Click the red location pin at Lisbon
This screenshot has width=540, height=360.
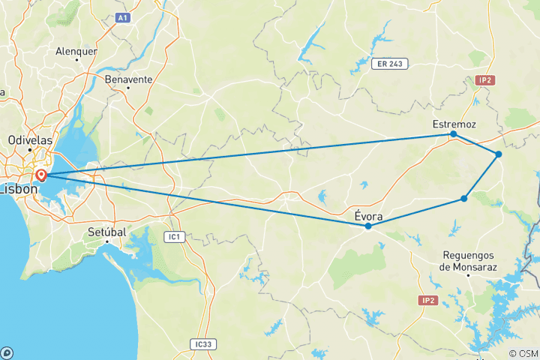tap(41, 175)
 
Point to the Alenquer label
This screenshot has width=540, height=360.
tap(76, 52)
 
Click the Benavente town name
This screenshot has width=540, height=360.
tap(129, 79)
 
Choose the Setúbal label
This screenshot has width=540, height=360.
tap(105, 232)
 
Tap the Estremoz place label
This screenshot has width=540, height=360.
tap(454, 124)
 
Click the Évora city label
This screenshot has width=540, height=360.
tap(369, 217)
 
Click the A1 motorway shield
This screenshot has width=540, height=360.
tap(123, 16)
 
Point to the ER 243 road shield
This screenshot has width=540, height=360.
tap(389, 64)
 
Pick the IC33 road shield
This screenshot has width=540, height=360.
tap(202, 344)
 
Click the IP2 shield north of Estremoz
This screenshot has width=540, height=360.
tap(484, 79)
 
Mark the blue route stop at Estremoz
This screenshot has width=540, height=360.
tap(454, 134)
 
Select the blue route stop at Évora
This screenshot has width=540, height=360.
tap(368, 226)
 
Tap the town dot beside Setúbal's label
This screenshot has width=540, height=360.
tap(107, 241)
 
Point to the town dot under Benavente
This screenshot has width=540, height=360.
tap(128, 88)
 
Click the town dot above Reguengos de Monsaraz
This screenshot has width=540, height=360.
tap(468, 275)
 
